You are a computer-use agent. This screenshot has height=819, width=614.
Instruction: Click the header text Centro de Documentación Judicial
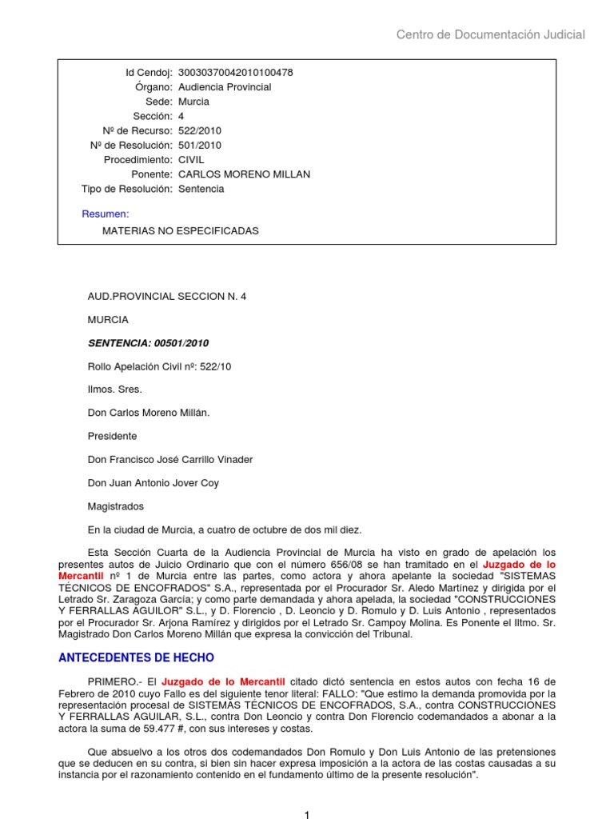[491, 34]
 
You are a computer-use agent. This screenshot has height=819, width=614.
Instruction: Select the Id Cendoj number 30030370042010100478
[235, 73]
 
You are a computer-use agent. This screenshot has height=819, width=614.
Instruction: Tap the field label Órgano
[154, 87]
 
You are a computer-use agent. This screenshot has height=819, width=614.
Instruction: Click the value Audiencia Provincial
[225, 87]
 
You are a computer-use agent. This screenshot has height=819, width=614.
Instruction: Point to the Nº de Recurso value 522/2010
[200, 131]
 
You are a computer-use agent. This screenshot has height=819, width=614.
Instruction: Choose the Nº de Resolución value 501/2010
[200, 146]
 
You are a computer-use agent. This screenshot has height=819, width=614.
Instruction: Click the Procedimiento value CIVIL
[191, 160]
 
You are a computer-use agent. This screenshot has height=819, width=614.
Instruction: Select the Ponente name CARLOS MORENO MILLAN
[244, 174]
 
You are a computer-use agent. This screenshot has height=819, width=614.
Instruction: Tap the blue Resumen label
[106, 214]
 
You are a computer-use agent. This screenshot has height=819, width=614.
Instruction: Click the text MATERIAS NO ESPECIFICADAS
[181, 231]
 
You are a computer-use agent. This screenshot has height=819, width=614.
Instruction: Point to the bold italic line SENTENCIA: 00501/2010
[148, 343]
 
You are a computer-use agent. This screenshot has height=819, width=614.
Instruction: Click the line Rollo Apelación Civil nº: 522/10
[159, 366]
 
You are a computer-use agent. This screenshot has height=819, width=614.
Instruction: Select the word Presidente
[112, 437]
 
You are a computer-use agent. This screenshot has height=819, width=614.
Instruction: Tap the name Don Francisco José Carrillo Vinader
[169, 460]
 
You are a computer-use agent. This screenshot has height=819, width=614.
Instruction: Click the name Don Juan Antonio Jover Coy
[153, 483]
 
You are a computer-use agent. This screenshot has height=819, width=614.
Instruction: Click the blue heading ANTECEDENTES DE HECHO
[137, 658]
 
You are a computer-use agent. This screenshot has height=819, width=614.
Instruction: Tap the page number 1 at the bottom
[306, 814]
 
